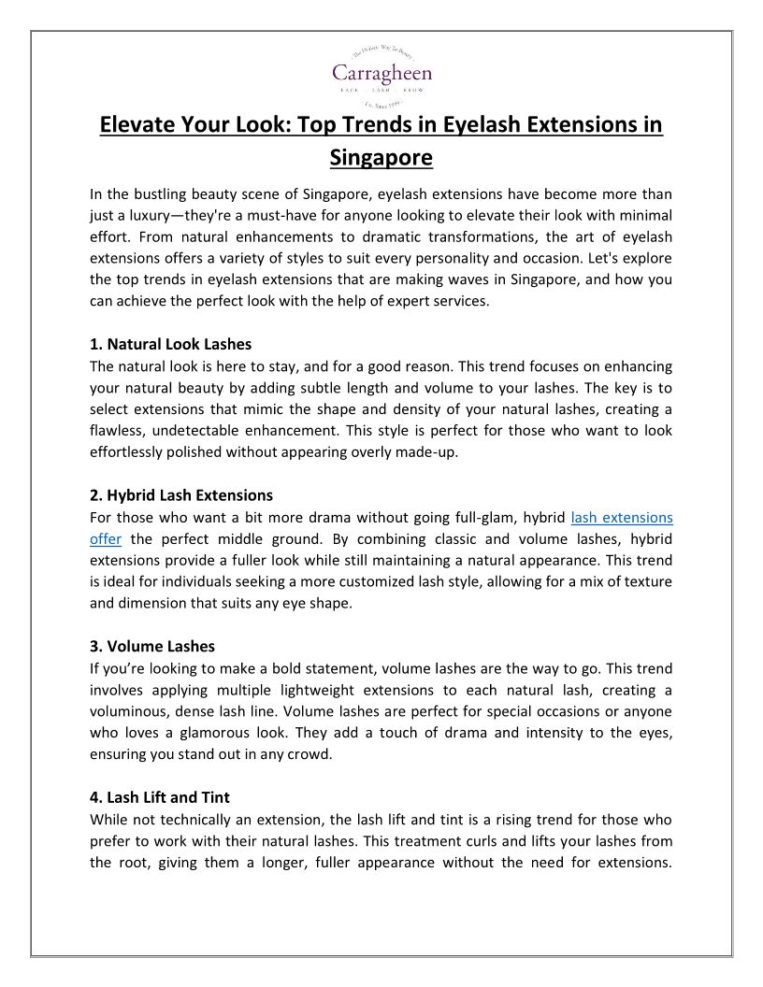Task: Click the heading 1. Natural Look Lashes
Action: [171, 344]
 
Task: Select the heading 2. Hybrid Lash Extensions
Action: [181, 495]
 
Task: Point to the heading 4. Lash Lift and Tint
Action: [160, 797]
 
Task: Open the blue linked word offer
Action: [106, 538]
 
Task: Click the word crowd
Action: [310, 754]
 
